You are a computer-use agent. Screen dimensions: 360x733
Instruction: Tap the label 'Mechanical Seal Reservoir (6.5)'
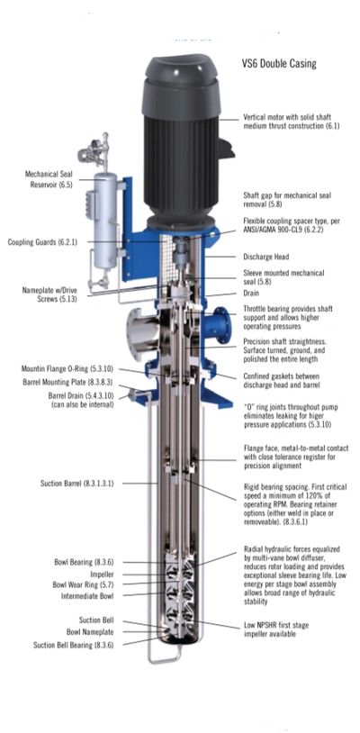(x=49, y=179)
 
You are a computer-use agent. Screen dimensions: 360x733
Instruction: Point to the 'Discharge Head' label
(x=266, y=257)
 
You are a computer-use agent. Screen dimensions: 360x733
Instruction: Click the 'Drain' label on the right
(x=251, y=293)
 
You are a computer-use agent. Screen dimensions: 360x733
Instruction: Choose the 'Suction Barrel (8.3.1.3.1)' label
(x=76, y=483)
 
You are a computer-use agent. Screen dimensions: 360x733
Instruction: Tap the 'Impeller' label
(x=102, y=574)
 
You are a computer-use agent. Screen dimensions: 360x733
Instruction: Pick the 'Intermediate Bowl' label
(x=87, y=596)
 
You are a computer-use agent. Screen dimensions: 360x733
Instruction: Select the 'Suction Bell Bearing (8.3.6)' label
(x=73, y=645)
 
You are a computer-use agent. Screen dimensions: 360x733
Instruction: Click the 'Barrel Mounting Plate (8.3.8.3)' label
(x=67, y=382)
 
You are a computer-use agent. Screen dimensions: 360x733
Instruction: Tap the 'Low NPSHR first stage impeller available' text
(x=276, y=629)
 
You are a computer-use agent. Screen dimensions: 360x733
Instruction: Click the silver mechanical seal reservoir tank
(x=105, y=221)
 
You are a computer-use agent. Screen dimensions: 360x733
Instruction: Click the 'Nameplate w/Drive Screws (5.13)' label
(x=49, y=294)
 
